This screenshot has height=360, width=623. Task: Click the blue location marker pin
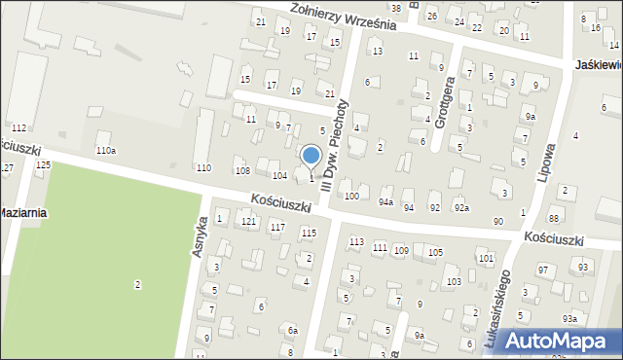click(x=311, y=156)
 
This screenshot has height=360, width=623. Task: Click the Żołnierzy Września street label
click(x=331, y=16)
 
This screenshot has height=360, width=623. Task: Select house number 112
click(x=18, y=128)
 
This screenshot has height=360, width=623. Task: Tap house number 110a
click(x=105, y=150)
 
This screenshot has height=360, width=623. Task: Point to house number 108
click(x=242, y=170)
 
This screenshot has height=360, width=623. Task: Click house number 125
click(x=43, y=165)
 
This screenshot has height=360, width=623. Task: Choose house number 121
click(x=249, y=223)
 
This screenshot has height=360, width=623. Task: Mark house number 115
click(x=309, y=233)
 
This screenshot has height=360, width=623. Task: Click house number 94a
click(x=386, y=202)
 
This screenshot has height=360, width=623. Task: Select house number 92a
click(x=461, y=208)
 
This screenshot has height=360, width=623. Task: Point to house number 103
click(x=454, y=281)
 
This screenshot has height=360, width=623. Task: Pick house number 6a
click(x=292, y=331)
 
